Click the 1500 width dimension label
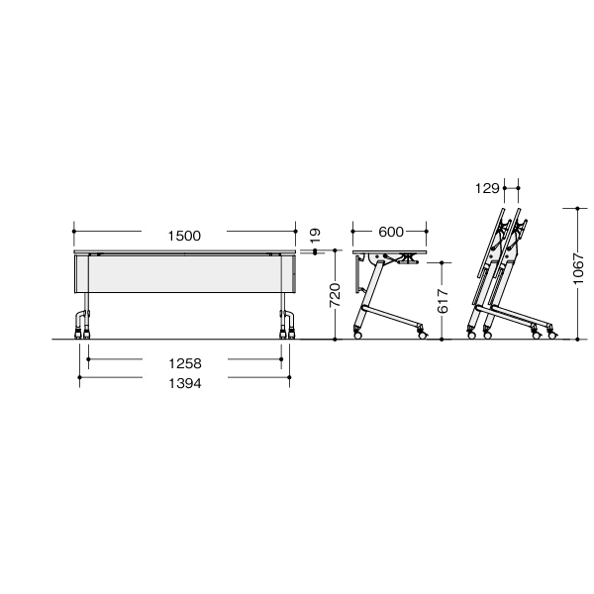tap(184, 236)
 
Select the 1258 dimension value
tap(185, 363)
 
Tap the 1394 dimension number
tap(185, 383)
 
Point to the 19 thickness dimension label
tap(315, 236)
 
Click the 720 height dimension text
tap(335, 295)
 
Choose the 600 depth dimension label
tap(391, 232)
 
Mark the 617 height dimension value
tap(443, 302)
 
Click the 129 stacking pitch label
tap(487, 188)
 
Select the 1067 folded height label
tap(578, 269)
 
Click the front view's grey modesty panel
tap(184, 274)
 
